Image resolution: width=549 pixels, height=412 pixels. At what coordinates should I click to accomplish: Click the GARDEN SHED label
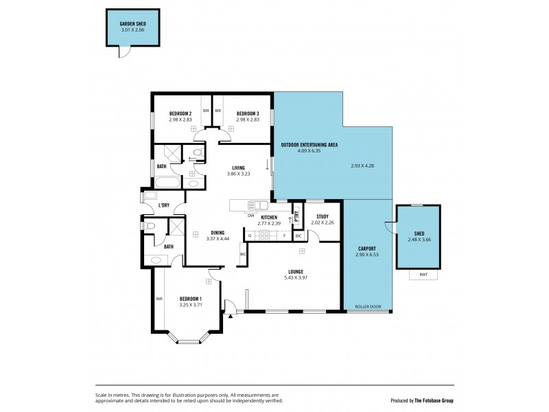coord(133,23)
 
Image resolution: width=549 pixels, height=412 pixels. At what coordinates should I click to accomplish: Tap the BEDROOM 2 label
coord(180,113)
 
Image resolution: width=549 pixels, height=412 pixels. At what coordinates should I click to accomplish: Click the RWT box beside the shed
coord(423,275)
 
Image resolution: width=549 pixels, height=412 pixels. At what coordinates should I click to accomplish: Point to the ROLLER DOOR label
coord(367,306)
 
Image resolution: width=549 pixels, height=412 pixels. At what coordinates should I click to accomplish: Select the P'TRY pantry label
coord(296,214)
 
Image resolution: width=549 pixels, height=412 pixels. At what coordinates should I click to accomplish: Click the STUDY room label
coord(322,217)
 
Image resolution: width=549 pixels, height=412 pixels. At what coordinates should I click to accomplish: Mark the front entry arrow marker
coord(231,317)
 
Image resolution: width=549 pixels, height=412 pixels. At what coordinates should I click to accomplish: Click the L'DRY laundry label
coord(164,205)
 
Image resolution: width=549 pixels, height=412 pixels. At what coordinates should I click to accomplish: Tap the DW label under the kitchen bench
coord(251,216)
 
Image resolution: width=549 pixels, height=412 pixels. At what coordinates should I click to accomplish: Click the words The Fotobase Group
coord(434,400)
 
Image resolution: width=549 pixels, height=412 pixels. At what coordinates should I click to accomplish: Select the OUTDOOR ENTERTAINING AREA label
coord(309,144)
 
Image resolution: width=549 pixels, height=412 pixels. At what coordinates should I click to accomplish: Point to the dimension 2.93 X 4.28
coord(362,165)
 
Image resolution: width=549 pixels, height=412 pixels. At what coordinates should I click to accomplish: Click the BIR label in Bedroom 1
coord(159,299)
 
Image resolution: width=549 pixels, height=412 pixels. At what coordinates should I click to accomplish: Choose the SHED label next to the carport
coord(419,233)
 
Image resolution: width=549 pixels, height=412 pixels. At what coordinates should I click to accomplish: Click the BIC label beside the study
coord(299,236)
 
